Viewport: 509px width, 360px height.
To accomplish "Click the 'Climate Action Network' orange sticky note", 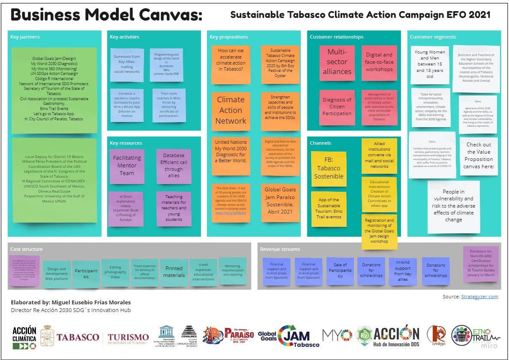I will [231, 110].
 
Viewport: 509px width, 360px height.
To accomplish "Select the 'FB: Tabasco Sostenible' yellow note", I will [329, 168].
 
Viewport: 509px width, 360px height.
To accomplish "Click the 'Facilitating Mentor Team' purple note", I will [127, 166].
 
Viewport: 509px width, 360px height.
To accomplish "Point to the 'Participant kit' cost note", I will [86, 274].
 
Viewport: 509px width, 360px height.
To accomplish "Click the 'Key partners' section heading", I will [25, 37].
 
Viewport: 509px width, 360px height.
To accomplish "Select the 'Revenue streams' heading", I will [280, 249].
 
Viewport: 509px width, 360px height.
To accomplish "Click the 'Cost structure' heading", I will [27, 249].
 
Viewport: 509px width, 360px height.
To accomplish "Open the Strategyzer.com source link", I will [479, 296].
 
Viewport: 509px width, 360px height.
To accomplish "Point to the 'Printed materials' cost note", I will [174, 272].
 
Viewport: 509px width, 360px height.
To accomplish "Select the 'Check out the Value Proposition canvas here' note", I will [479, 156].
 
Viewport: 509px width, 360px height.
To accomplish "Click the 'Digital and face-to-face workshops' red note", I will [379, 62].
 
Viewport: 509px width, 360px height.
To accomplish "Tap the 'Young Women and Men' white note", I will [430, 65].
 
